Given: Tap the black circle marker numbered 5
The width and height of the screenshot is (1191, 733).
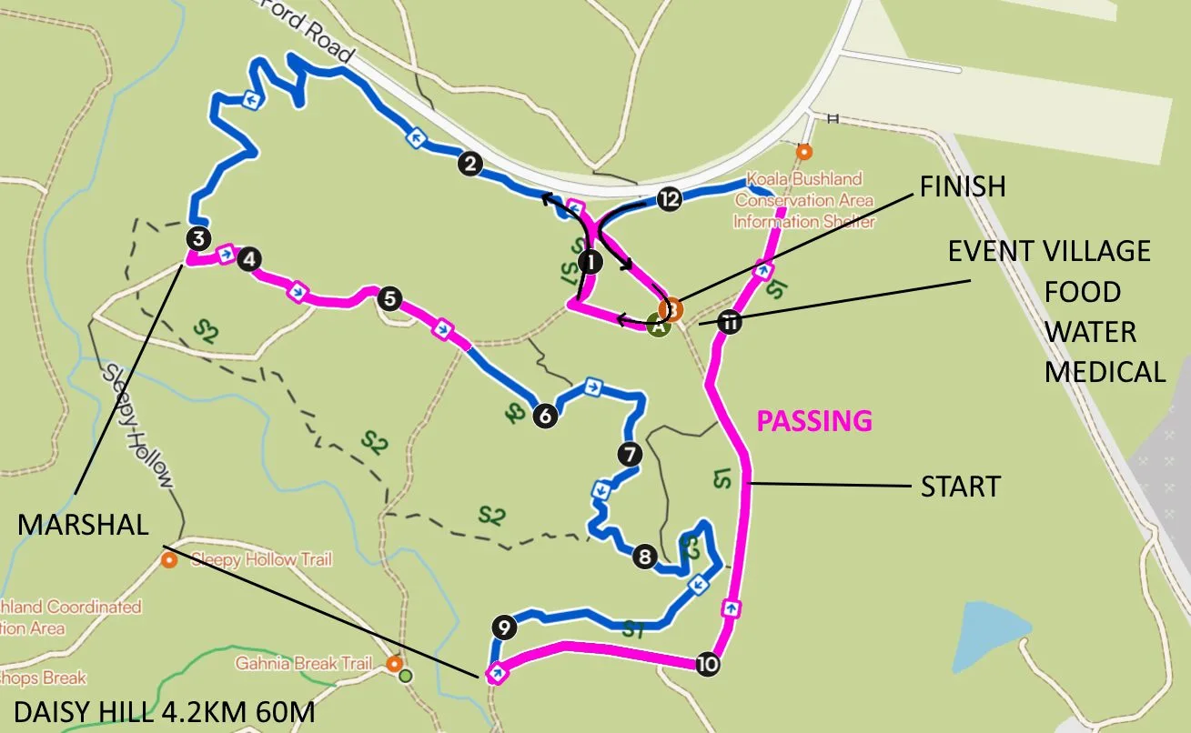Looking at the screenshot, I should pyautogui.click(x=389, y=298).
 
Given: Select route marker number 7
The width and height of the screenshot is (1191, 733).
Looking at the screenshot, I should pyautogui.click(x=628, y=454).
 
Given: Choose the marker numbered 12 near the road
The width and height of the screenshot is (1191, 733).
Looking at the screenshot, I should pyautogui.click(x=669, y=199).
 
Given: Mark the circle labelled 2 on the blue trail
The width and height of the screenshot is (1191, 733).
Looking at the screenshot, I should pyautogui.click(x=469, y=165).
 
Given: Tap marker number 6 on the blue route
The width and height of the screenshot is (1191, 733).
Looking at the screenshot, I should pyautogui.click(x=545, y=416).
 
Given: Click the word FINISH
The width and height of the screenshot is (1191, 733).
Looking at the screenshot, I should pyautogui.click(x=963, y=186).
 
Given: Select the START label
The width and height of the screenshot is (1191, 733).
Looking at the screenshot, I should pyautogui.click(x=960, y=487).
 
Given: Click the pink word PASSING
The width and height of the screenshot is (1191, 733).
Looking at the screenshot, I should pyautogui.click(x=814, y=421).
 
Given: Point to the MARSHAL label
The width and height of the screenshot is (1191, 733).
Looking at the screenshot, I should pyautogui.click(x=82, y=525).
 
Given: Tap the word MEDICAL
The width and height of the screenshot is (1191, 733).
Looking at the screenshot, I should pyautogui.click(x=1105, y=371).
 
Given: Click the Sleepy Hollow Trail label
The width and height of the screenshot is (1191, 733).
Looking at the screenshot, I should pyautogui.click(x=261, y=559).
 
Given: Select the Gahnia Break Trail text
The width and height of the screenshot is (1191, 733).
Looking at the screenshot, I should pyautogui.click(x=304, y=664).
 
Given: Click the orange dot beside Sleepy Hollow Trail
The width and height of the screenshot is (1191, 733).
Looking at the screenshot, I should pyautogui.click(x=168, y=559).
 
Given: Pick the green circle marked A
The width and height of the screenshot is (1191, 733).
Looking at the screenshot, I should pyautogui.click(x=658, y=326).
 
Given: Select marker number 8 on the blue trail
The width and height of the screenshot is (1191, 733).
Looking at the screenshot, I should pyautogui.click(x=644, y=557).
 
